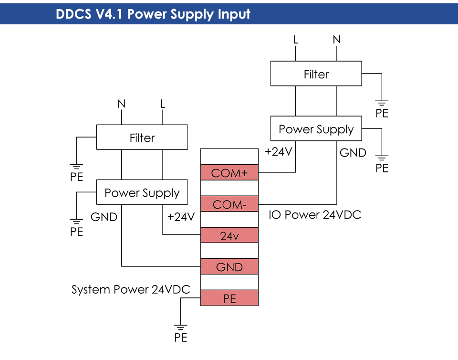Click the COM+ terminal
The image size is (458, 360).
(229, 172)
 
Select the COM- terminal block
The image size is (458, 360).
(229, 204)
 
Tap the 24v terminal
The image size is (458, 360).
(229, 235)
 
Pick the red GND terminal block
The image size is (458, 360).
(229, 266)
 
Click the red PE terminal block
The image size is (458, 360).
(229, 298)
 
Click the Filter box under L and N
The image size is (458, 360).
(316, 74)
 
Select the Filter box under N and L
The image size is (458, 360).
(142, 138)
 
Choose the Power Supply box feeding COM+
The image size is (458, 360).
(316, 129)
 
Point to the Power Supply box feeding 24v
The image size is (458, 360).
(142, 192)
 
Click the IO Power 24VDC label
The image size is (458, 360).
(315, 215)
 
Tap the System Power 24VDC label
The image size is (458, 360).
(131, 289)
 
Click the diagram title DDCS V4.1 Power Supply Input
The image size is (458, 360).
(153, 13)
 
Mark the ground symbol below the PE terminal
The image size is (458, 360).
(180, 328)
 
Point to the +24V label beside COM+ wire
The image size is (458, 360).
(278, 152)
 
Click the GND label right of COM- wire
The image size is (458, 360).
(353, 153)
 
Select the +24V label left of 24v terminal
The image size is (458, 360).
(181, 217)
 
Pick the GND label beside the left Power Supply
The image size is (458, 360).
(104, 217)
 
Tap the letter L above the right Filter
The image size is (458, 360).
(296, 40)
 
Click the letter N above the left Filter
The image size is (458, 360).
(122, 104)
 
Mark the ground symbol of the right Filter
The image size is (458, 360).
(382, 103)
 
